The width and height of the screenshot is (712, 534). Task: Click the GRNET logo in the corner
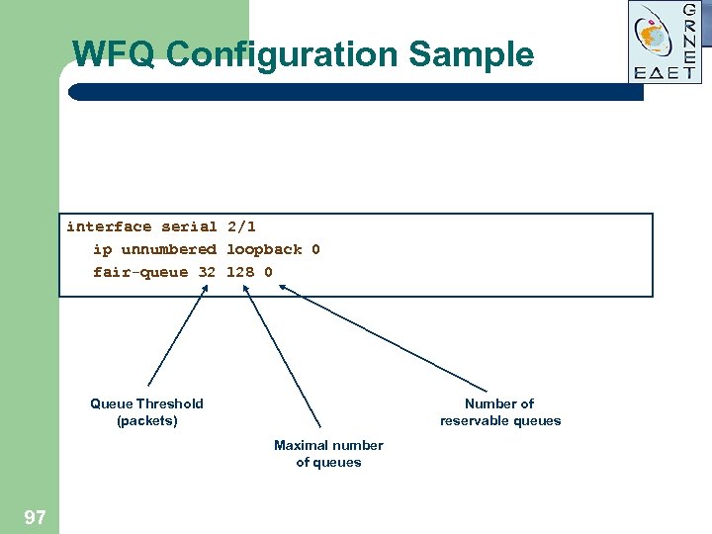[665, 42]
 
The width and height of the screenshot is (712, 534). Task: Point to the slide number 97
[35, 516]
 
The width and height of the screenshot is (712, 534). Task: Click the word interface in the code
[109, 226]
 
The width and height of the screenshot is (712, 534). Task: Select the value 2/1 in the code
[241, 226]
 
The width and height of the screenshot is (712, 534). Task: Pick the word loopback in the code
[264, 249]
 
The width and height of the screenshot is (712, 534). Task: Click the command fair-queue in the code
[139, 272]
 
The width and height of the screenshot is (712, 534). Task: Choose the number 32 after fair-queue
[207, 272]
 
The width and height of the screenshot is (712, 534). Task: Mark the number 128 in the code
[240, 272]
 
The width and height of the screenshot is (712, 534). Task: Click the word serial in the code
[189, 226]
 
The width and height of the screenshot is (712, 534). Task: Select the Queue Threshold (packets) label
[146, 411]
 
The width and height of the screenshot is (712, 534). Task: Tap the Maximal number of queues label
[328, 453]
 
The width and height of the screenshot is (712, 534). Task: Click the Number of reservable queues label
[500, 411]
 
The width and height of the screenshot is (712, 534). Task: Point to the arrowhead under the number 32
[205, 290]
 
